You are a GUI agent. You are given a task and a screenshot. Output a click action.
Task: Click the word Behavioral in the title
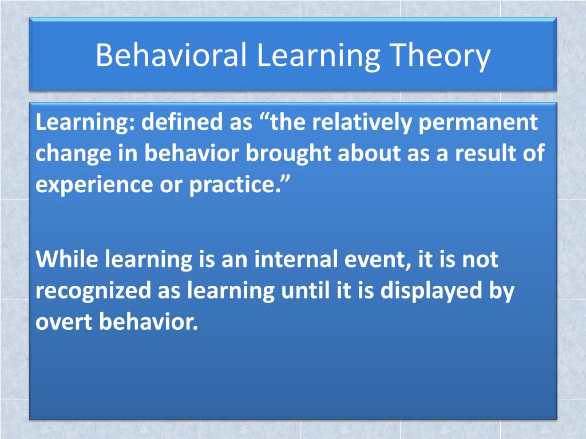171,56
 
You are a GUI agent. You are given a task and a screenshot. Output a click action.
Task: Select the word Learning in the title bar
318,56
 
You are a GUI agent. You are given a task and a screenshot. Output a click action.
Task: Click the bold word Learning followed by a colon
84,122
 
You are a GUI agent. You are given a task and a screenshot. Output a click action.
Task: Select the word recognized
92,291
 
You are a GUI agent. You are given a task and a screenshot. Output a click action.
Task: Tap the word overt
64,322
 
